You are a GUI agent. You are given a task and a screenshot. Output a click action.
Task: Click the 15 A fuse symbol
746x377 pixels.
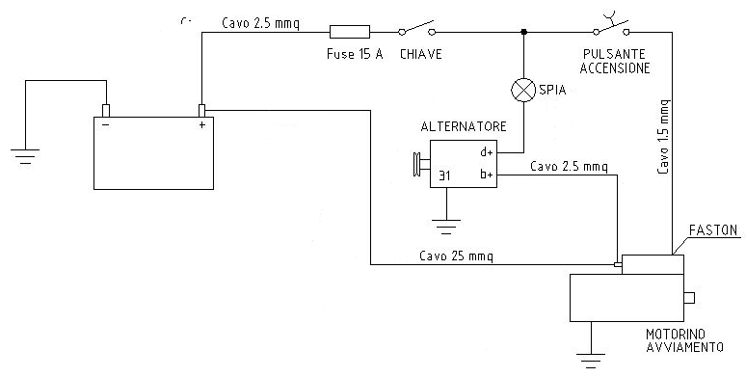pyautogui.click(x=350, y=32)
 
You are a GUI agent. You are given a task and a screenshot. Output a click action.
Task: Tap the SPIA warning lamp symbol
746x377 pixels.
pyautogui.click(x=523, y=90)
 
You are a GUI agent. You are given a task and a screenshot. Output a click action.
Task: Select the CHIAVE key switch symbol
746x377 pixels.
pyautogui.click(x=417, y=29)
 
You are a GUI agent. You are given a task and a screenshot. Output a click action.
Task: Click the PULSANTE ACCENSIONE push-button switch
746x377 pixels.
pyautogui.click(x=611, y=25)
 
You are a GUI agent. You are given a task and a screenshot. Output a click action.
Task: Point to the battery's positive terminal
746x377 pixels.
pyautogui.click(x=201, y=111)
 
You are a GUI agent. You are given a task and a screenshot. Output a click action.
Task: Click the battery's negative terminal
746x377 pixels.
pyautogui.click(x=106, y=111)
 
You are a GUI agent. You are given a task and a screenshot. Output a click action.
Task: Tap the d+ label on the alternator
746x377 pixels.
pyautogui.click(x=486, y=152)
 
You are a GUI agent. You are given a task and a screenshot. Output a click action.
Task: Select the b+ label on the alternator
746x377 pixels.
pyautogui.click(x=486, y=175)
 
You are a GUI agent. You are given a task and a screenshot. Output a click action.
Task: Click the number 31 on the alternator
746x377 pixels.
pyautogui.click(x=444, y=175)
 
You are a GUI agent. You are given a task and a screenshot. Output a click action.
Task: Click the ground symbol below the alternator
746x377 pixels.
pyautogui.click(x=446, y=227)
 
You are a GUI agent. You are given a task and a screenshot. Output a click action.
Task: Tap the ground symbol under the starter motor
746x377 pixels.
pyautogui.click(x=591, y=361)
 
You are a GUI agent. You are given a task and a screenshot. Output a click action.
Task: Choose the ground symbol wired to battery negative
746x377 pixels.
pyautogui.click(x=25, y=156)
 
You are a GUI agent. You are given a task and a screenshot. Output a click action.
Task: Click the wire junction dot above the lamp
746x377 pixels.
pyautogui.click(x=523, y=32)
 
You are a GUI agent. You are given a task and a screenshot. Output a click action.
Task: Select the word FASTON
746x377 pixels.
pyautogui.click(x=712, y=230)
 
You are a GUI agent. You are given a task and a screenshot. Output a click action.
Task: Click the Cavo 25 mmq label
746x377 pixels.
pyautogui.click(x=456, y=256)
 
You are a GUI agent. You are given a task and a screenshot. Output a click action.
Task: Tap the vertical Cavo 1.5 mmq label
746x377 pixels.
pyautogui.click(x=664, y=137)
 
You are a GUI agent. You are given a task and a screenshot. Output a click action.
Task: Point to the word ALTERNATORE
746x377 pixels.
pyautogui.click(x=464, y=126)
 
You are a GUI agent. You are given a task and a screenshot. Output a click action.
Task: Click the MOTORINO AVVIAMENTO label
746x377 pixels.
pyautogui.click(x=684, y=339)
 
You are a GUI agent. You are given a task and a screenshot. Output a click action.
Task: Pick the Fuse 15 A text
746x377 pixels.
pyautogui.click(x=355, y=54)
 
